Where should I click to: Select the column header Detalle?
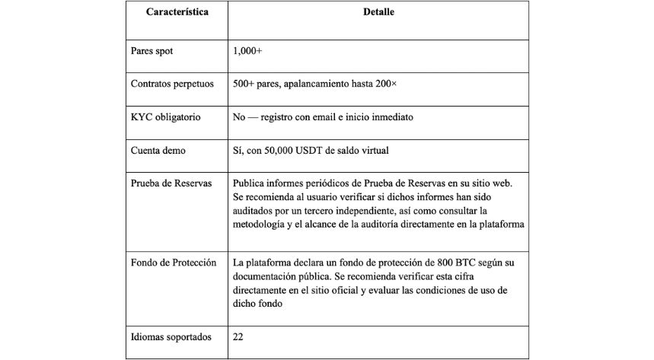[378, 13]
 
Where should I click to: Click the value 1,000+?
[248, 51]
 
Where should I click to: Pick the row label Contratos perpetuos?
[173, 84]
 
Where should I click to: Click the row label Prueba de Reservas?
[172, 183]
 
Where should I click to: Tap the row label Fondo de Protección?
[174, 263]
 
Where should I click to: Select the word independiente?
[402, 210]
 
